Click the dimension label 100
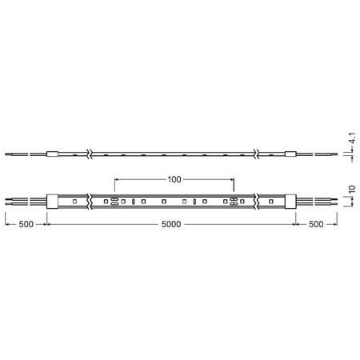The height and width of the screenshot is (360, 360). (x=174, y=180)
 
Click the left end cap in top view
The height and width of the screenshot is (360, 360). (x=53, y=201)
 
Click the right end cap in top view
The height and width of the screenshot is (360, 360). (x=290, y=201)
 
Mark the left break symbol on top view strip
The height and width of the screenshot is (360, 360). (x=90, y=201)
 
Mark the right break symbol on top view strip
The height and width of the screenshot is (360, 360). (x=256, y=201)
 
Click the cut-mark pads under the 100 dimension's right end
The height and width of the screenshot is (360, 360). (x=234, y=201)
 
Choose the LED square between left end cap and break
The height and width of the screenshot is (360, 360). (x=73, y=201)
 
